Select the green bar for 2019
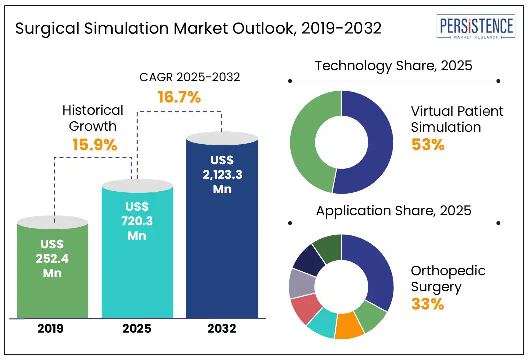[52, 270]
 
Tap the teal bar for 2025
[137, 250]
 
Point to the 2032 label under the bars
[222, 329]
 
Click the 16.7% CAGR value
[179, 97]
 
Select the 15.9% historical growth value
[94, 145]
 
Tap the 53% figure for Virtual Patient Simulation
[427, 144]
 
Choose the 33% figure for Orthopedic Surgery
[427, 303]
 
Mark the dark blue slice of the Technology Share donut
[372, 142]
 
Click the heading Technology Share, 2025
[393, 66]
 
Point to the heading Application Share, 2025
[393, 210]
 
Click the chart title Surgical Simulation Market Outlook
[198, 28]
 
